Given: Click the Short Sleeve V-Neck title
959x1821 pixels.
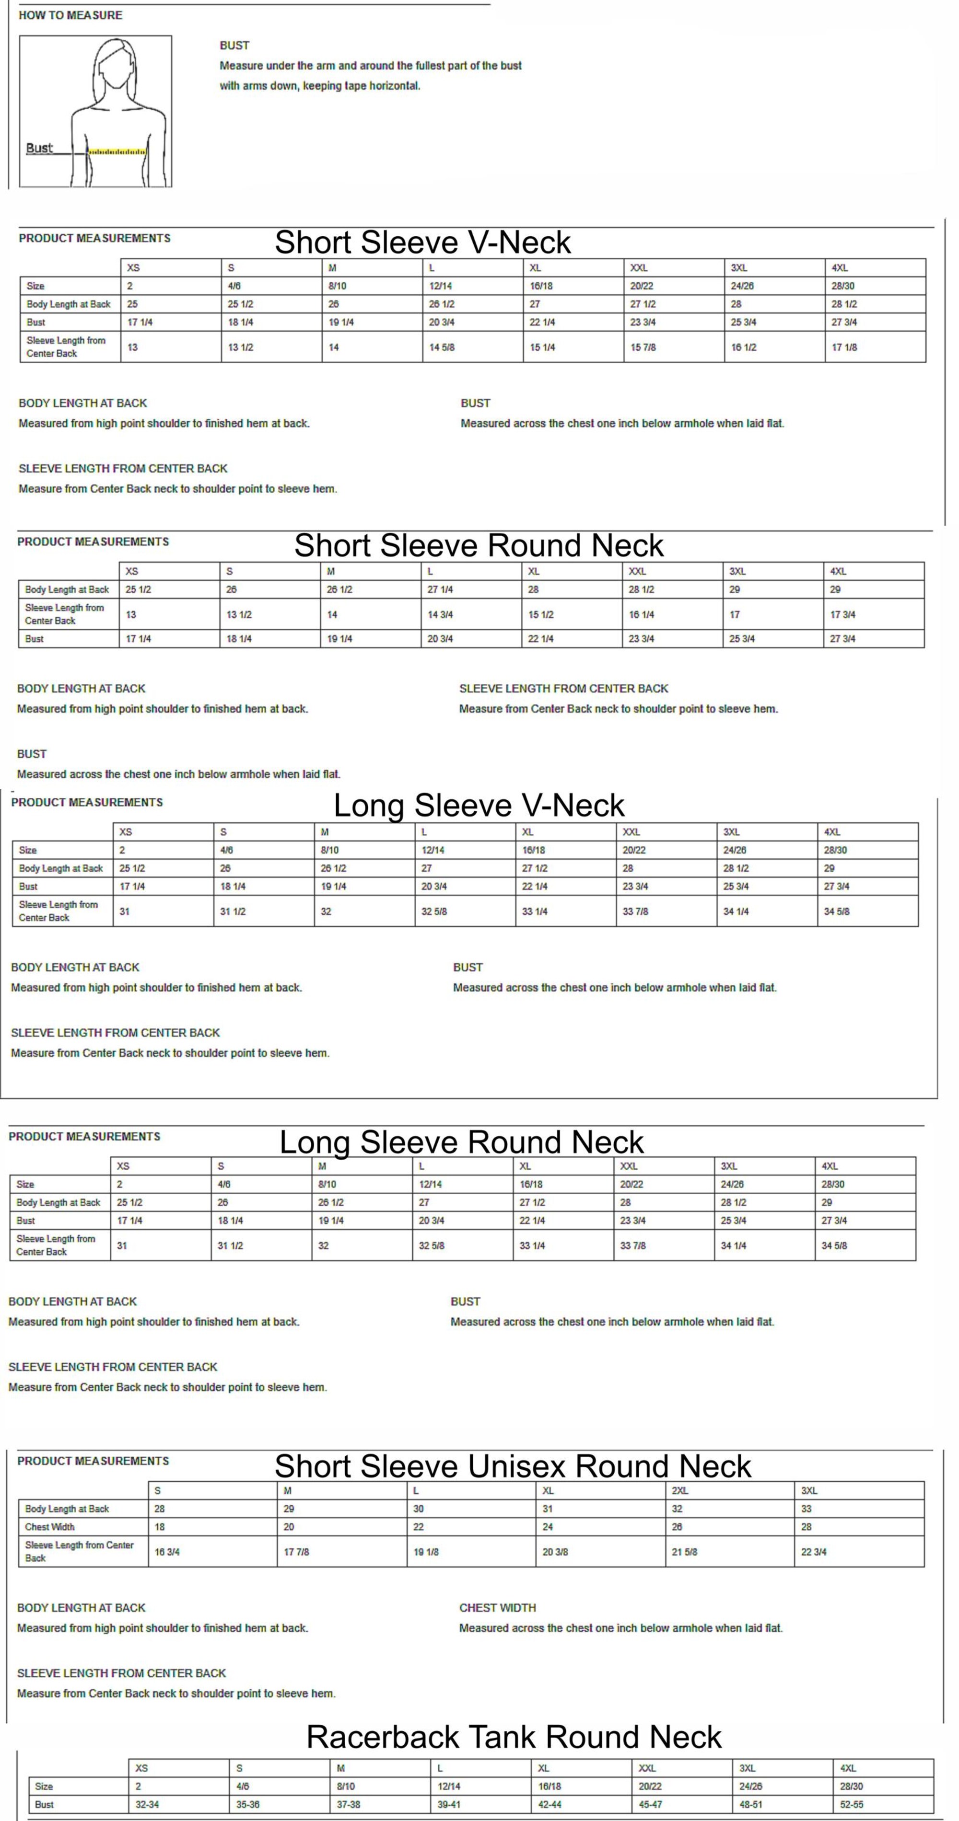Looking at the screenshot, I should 422,242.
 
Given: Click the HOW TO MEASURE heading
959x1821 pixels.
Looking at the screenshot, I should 70,15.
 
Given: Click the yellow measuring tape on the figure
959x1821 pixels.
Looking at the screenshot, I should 117,151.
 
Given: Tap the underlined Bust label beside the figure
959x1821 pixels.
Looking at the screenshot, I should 39,148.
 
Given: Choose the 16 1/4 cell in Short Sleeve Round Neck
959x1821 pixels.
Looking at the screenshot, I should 642,615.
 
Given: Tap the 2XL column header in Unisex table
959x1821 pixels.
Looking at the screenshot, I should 679,1490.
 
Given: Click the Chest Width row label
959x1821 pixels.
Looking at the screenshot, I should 49,1527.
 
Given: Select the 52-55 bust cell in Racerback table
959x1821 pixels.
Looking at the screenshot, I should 852,1804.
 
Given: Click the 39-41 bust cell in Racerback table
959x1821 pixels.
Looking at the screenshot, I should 449,1804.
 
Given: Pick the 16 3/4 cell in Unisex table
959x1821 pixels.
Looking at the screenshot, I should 167,1552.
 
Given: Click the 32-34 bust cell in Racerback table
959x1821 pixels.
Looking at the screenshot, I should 147,1804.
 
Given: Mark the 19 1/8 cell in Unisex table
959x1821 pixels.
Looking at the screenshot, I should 426,1552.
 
